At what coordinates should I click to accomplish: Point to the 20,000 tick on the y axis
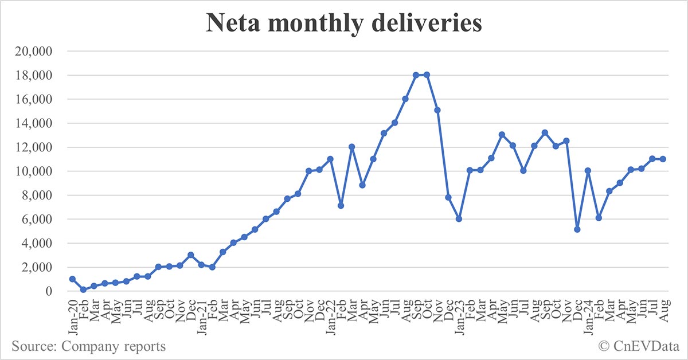32,52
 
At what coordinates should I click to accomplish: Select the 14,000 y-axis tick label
32,123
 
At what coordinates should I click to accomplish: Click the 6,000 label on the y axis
36,219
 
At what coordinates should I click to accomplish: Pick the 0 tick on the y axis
49,291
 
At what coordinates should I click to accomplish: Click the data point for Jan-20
72,279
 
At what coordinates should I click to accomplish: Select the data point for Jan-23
459,219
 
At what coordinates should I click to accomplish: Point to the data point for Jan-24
588,171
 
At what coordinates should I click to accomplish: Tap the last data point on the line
663,159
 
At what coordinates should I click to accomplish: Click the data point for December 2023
577,229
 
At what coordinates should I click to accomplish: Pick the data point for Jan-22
330,159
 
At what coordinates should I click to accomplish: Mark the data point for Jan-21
201,264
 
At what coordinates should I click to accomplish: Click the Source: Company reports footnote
88,346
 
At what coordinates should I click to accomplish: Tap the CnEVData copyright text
638,346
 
